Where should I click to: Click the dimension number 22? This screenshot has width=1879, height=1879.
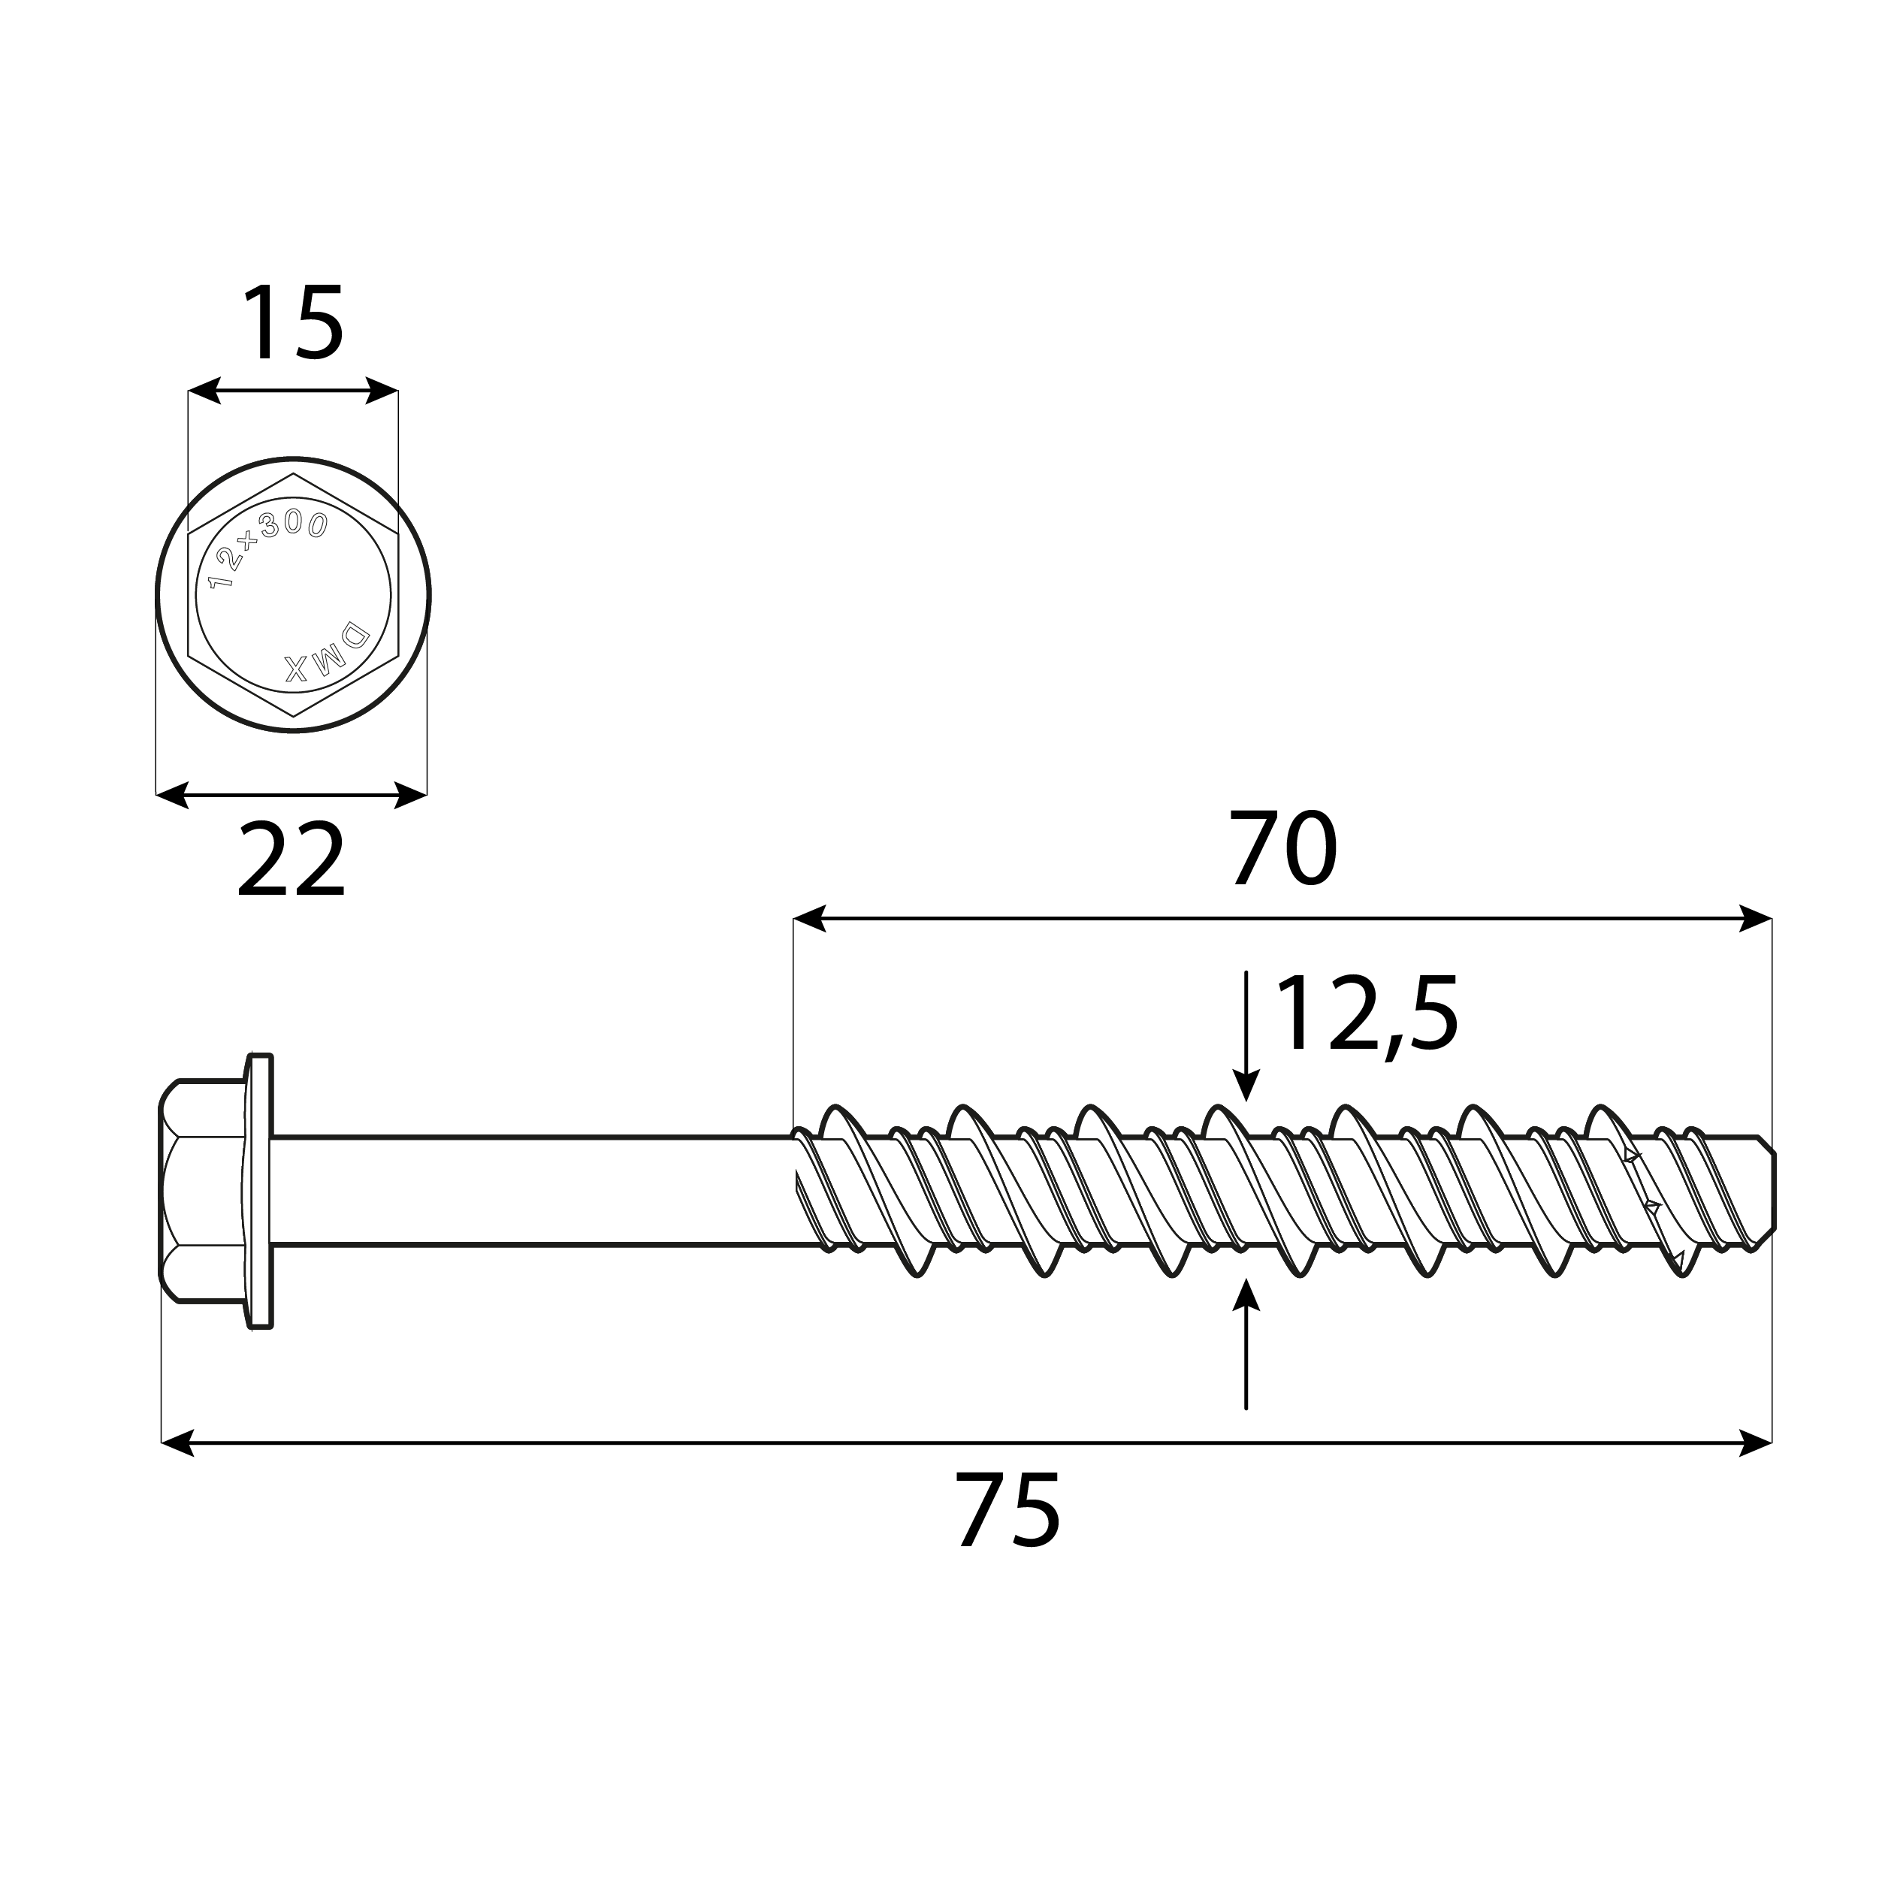(291, 859)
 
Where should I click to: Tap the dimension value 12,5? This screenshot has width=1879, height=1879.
(1367, 1015)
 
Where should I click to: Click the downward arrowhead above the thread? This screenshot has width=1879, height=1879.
(1246, 1086)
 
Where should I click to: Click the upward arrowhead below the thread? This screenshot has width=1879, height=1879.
(1246, 1295)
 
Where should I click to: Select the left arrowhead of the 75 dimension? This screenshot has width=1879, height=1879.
(177, 1442)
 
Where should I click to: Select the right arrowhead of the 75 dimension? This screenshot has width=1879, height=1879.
(1756, 1442)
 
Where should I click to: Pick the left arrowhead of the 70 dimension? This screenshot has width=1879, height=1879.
(809, 918)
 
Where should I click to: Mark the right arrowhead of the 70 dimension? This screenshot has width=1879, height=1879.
(1756, 918)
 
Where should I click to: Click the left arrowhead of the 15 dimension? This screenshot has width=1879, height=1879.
(204, 391)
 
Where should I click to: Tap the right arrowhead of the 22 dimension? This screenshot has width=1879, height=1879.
(410, 795)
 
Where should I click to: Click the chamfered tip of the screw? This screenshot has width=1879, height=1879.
(1767, 1192)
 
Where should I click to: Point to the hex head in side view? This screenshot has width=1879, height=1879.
(201, 1190)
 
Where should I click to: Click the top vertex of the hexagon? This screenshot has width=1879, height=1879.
(293, 475)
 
